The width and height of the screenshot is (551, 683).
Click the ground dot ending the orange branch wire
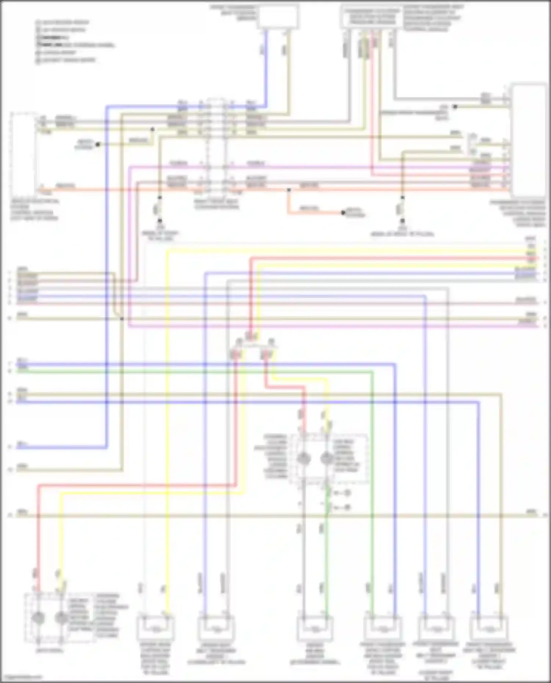pos(343,213)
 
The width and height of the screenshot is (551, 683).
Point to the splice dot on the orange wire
pos(289,190)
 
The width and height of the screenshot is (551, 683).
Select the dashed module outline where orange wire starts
pos(24,154)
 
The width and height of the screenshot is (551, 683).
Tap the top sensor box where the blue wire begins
pos(278,16)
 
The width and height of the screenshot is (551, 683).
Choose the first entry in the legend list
pos(62,22)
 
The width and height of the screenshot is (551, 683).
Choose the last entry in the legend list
pos(66,60)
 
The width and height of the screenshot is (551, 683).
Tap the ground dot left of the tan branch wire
pos(98,145)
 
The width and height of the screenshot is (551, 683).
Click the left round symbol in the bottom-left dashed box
pos(38,618)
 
